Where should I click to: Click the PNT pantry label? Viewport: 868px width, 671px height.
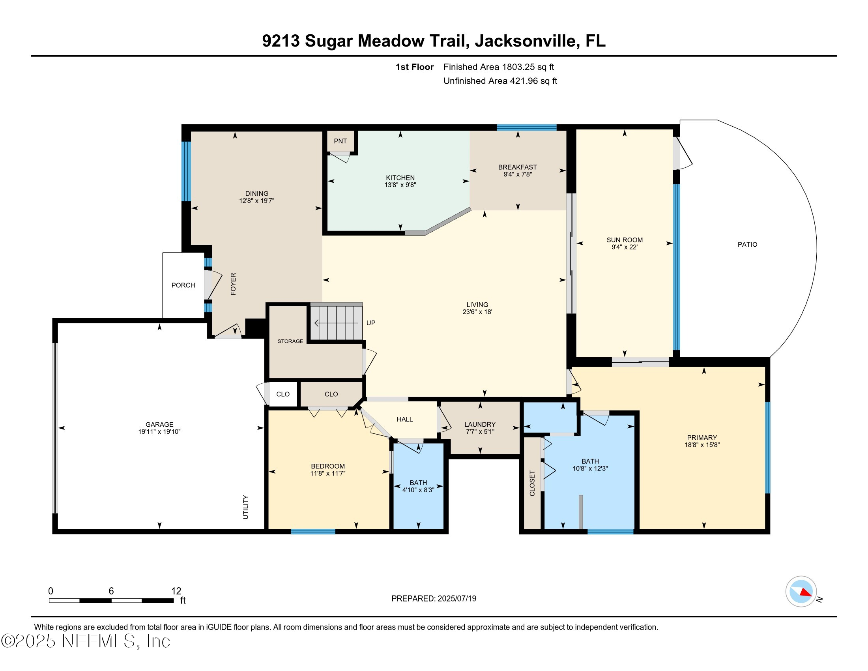click(340, 141)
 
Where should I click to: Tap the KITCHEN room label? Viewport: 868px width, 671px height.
click(400, 178)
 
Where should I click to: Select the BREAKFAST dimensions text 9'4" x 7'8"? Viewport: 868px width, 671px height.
click(518, 174)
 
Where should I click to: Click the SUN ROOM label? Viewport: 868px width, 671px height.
click(625, 240)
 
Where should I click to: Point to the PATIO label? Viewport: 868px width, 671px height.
click(747, 244)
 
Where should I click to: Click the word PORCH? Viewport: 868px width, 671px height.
click(183, 285)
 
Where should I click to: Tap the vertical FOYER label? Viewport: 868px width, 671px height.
click(233, 284)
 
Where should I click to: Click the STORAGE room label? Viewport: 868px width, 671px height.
click(290, 341)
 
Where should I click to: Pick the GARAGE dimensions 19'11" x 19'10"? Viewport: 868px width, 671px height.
click(159, 431)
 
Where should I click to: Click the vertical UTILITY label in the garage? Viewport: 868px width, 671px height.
click(246, 507)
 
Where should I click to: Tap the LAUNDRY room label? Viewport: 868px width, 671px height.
click(480, 424)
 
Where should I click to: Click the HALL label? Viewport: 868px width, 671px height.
click(404, 419)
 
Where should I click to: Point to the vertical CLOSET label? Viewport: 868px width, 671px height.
click(532, 483)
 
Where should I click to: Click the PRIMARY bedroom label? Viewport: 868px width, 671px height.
click(702, 437)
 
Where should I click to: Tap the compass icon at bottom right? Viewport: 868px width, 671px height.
click(801, 591)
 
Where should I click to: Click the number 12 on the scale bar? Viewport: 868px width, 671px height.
click(176, 591)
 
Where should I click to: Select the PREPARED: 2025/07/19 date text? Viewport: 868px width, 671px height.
click(434, 598)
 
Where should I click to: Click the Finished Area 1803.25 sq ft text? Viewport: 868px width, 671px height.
click(498, 67)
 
